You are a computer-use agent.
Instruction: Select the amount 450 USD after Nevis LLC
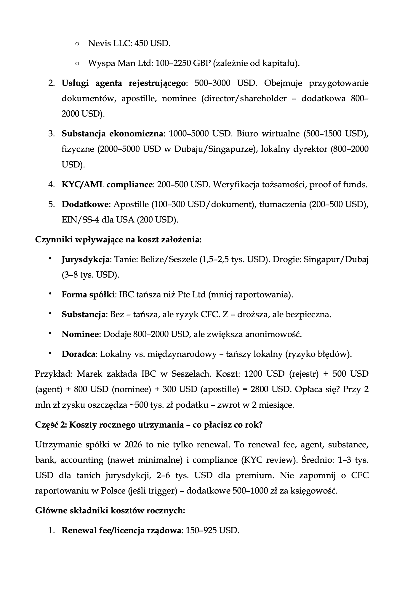coord(152,43)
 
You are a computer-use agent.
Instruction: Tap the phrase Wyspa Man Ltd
coord(119,63)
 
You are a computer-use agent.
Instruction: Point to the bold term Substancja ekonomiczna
coord(112,134)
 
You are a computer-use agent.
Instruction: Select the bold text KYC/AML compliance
coord(107,185)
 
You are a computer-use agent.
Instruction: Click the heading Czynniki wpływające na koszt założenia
coord(118,239)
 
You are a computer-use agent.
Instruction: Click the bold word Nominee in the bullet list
coord(80,334)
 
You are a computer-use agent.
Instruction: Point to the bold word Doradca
coord(78,354)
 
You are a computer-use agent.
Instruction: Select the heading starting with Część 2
coord(149,425)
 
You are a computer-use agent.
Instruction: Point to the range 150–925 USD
coord(212,531)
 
